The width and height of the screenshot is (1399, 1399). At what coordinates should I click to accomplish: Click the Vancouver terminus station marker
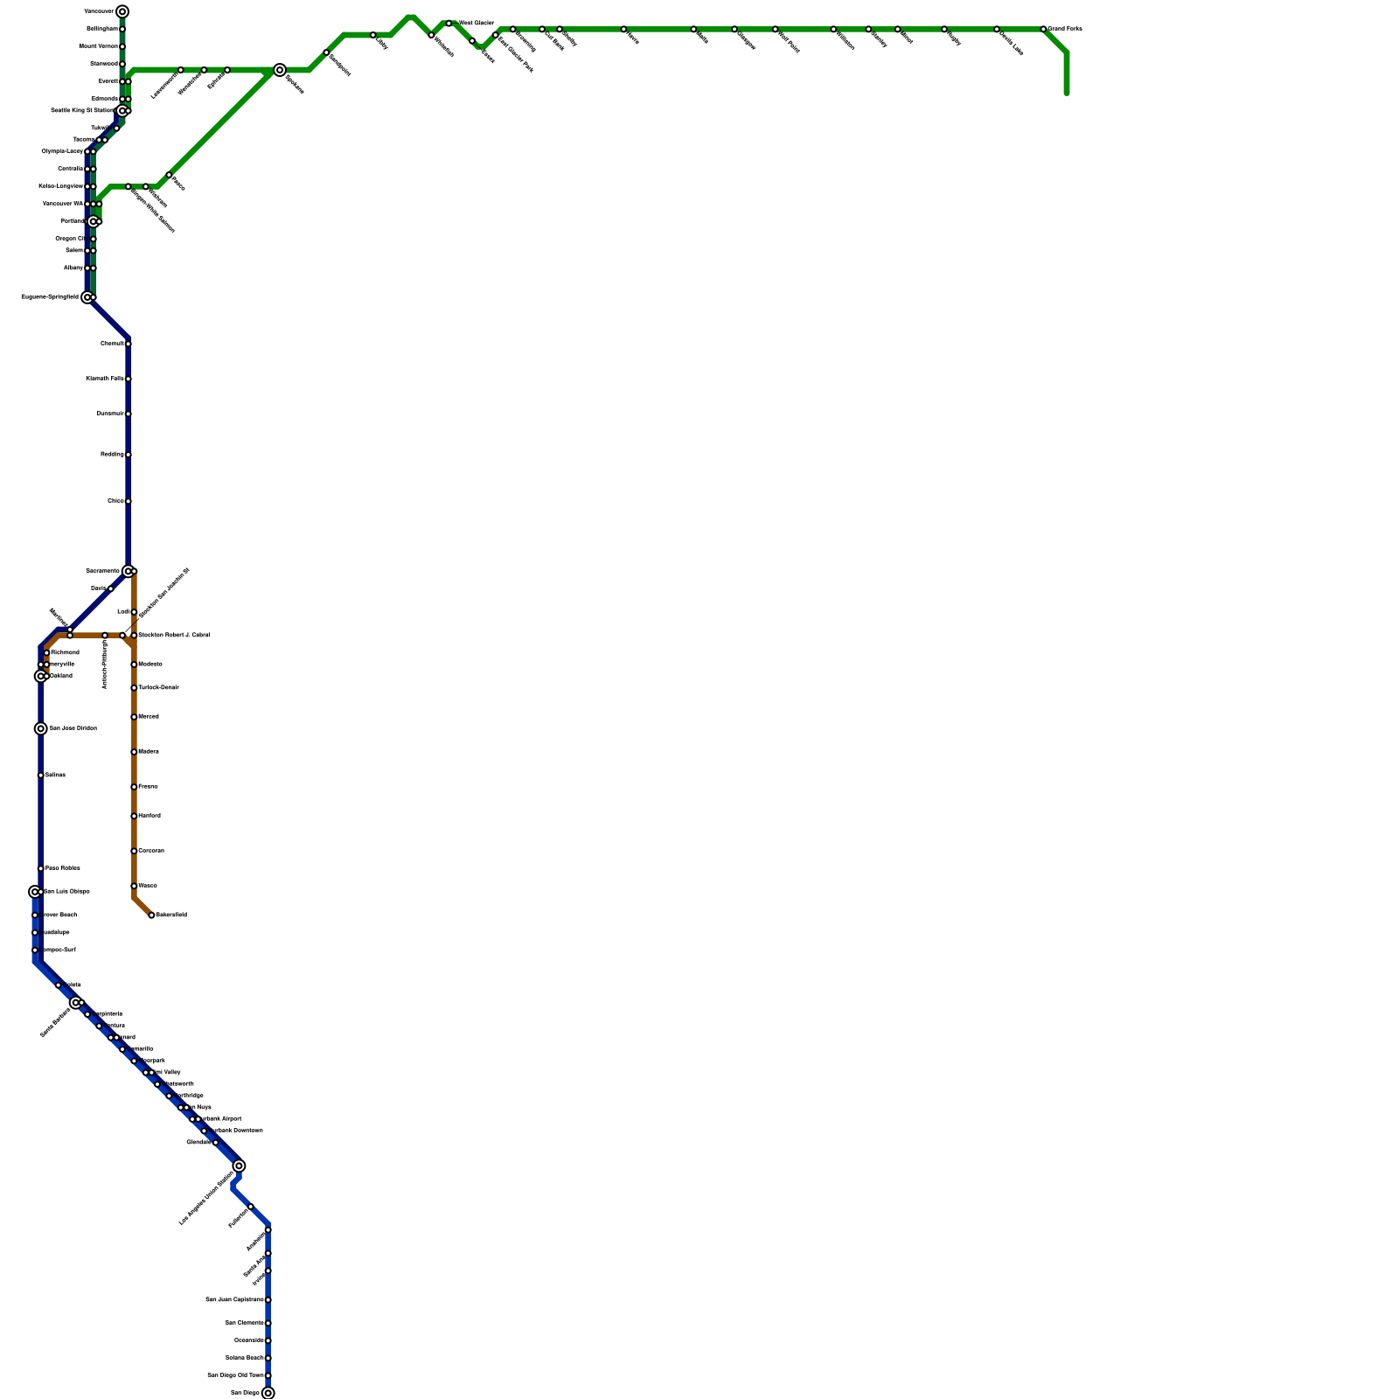click(x=122, y=11)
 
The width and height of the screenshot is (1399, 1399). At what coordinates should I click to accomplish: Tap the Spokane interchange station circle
click(x=280, y=70)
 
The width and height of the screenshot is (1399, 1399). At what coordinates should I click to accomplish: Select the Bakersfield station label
click(x=171, y=915)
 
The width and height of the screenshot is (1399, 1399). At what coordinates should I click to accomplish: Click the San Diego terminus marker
click(x=268, y=1393)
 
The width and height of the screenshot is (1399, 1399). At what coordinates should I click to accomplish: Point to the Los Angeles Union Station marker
click(x=239, y=1166)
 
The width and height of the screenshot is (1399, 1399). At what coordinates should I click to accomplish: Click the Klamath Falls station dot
click(x=129, y=379)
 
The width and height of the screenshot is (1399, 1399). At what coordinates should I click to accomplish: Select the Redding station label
click(x=111, y=455)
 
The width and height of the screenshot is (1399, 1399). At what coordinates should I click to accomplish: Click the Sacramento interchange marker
click(x=129, y=571)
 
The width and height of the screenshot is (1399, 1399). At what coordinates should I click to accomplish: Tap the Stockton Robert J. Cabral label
click(x=174, y=635)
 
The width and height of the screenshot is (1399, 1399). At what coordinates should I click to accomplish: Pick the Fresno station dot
click(x=134, y=787)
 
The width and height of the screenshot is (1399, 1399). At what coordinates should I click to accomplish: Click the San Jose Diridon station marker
click(x=41, y=728)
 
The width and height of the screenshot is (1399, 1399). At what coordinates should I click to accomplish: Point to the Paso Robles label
click(x=63, y=868)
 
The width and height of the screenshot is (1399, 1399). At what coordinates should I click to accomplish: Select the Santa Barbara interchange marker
click(x=76, y=1002)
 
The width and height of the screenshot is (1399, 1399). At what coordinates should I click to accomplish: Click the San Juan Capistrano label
click(x=234, y=1299)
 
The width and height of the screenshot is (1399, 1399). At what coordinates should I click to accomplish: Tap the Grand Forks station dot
click(x=1043, y=29)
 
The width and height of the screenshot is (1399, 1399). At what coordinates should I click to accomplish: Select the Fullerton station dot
click(x=251, y=1207)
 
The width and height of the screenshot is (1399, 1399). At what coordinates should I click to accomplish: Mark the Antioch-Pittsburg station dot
click(x=105, y=635)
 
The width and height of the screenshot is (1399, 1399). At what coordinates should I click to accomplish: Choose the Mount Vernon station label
click(x=98, y=46)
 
